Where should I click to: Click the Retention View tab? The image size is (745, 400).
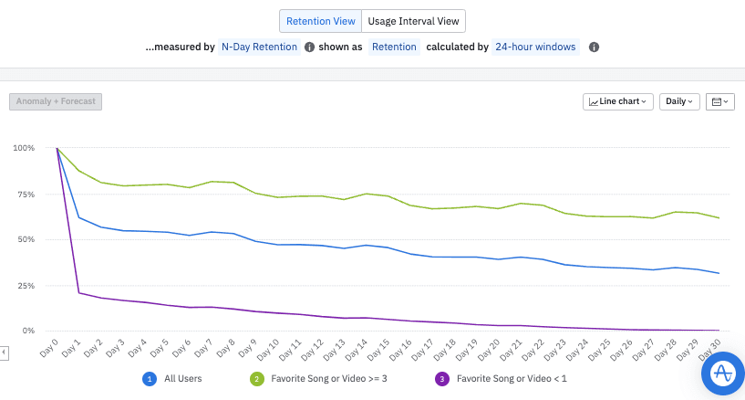click(x=320, y=21)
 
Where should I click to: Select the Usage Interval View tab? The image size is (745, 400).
click(x=414, y=21)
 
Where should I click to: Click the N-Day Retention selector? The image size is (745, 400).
click(x=260, y=47)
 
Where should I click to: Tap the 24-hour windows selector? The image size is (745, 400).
click(x=535, y=47)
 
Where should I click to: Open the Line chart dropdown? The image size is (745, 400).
click(x=618, y=101)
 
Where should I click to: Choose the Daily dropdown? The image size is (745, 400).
click(x=678, y=101)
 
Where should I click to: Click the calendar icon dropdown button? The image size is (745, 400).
click(x=719, y=101)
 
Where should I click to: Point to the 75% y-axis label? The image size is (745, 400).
click(x=23, y=195)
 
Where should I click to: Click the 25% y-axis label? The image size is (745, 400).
click(x=23, y=286)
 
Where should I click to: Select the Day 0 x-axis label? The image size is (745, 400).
click(x=50, y=349)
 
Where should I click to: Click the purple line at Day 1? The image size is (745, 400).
click(x=79, y=293)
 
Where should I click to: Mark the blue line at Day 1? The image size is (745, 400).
click(x=79, y=217)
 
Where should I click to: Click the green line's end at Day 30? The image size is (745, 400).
click(x=719, y=217)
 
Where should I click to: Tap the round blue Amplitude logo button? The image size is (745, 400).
click(x=723, y=374)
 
